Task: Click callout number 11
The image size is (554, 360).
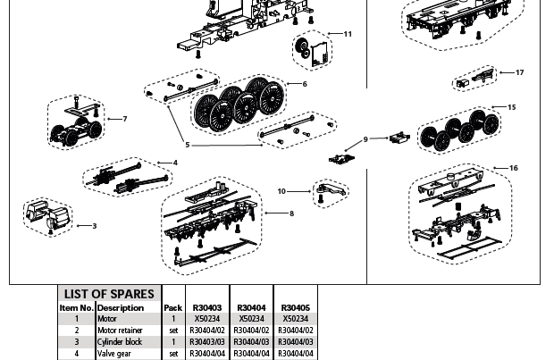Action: tap(348, 34)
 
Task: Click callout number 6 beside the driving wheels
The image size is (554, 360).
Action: tap(305, 84)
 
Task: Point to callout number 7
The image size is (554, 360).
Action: tap(125, 119)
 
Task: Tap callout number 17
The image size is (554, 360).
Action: tap(520, 72)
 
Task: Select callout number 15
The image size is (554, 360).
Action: tap(512, 107)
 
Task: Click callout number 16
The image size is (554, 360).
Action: tap(514, 168)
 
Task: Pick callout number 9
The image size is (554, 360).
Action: tap(365, 139)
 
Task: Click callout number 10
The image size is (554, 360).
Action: tap(281, 191)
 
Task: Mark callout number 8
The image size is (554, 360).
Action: tap(292, 213)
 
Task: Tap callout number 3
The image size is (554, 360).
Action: tap(94, 226)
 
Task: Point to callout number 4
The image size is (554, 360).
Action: tap(175, 163)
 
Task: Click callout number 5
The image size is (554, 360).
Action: tap(188, 145)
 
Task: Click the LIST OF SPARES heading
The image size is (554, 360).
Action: tap(109, 294)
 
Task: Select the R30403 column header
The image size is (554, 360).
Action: tap(207, 307)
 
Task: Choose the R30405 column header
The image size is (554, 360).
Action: tap(296, 307)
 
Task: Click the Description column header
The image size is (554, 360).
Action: tap(121, 307)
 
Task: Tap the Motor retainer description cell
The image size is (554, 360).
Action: tap(120, 331)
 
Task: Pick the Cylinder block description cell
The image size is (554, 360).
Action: tap(120, 342)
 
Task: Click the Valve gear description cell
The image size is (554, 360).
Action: tap(114, 354)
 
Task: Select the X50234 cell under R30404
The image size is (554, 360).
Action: tap(251, 319)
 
